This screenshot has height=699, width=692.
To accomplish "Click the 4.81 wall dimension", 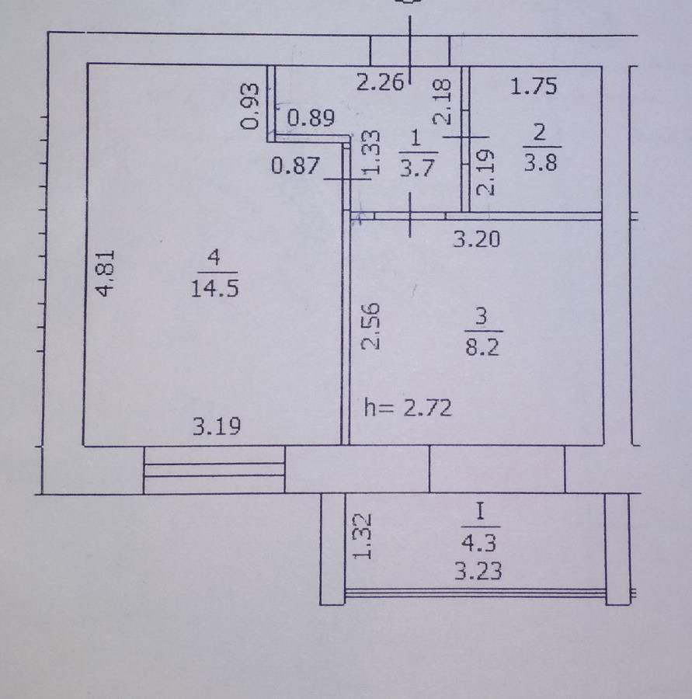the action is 106,273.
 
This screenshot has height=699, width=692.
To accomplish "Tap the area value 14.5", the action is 214,288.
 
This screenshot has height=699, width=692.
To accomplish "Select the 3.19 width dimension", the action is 217,426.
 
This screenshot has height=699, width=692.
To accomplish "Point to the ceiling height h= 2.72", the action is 408,408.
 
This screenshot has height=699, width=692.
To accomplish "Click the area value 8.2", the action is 482,346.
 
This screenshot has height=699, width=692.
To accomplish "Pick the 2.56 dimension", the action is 371,326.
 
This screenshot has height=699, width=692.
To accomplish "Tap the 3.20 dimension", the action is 477,239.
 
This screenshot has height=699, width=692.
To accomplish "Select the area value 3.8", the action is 541,163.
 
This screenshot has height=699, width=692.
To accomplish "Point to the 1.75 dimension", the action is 534,86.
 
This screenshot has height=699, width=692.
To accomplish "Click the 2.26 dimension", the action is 381,82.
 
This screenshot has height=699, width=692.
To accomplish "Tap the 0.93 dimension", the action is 249,106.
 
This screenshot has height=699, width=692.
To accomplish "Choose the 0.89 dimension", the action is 311,118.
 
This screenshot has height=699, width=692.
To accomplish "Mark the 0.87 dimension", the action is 295,165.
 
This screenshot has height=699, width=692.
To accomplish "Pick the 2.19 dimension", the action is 485,172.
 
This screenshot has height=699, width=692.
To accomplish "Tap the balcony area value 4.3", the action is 479,543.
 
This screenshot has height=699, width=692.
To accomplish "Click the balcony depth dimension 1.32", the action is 362,537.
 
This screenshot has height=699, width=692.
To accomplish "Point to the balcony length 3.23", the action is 478,571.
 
